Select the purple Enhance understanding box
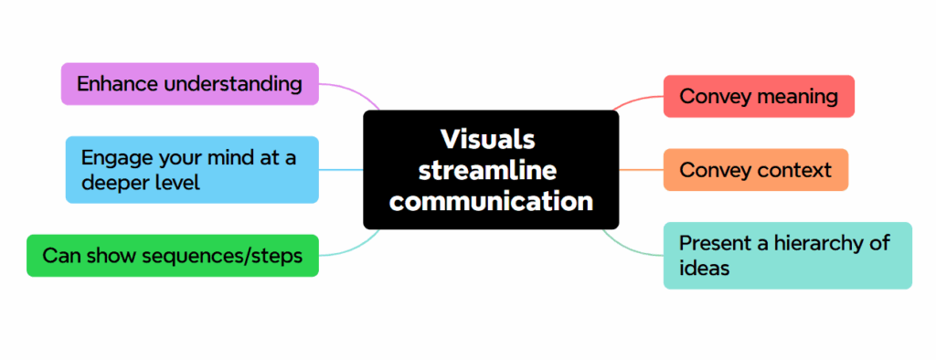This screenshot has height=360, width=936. click(x=189, y=84)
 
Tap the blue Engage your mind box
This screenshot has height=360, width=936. click(x=192, y=170)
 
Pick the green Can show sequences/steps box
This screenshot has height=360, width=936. click(x=173, y=256)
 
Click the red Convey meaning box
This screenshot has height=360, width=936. click(x=759, y=96)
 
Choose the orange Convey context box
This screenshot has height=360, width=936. click(x=755, y=170)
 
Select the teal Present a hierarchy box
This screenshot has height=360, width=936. click(x=787, y=256)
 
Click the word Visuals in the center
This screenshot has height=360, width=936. click(x=487, y=139)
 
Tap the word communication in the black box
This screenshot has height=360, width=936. click(x=491, y=200)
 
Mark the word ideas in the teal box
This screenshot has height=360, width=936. click(x=704, y=269)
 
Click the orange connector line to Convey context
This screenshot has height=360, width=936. click(x=641, y=170)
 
